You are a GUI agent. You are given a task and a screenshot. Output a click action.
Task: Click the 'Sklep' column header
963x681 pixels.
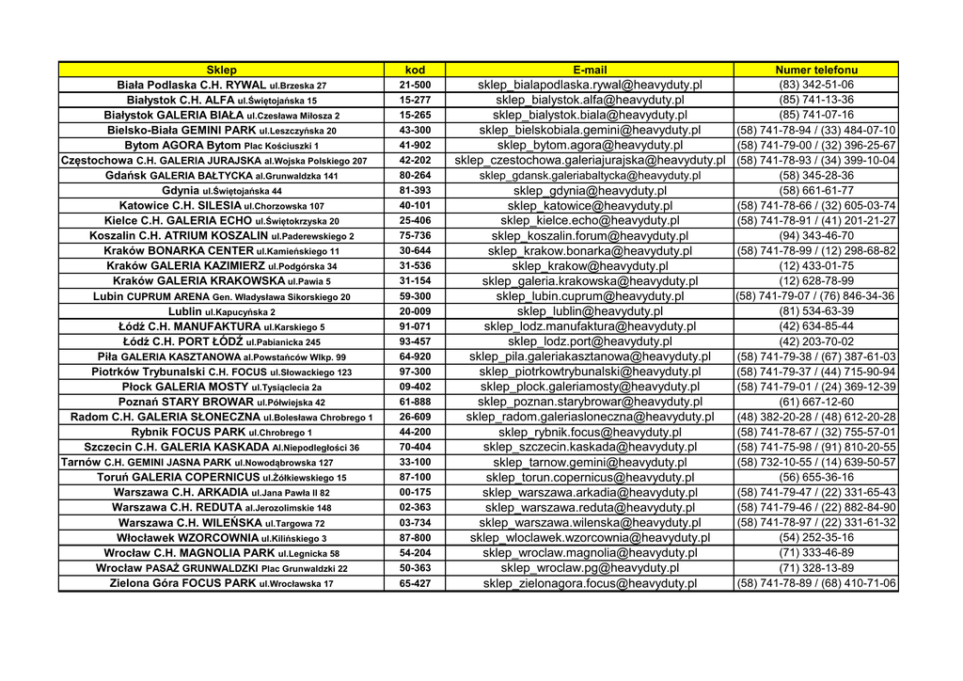[221, 70]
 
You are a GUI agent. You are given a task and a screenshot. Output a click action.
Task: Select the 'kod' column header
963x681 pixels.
[415, 70]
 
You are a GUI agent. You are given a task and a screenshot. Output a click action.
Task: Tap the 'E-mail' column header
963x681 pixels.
[590, 70]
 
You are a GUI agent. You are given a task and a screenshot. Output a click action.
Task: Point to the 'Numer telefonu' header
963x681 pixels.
[816, 70]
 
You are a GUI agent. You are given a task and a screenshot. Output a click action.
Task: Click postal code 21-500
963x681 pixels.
[415, 85]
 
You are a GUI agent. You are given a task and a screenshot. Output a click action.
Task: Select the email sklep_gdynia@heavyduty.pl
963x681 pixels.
[590, 190]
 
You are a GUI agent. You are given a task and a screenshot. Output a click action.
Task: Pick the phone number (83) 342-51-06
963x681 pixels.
[816, 85]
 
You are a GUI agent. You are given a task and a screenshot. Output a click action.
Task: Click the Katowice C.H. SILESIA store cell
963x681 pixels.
[221, 205]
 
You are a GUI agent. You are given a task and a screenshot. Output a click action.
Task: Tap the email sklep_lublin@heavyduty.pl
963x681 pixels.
[590, 311]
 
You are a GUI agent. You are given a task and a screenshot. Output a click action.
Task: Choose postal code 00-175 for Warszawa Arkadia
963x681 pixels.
[415, 492]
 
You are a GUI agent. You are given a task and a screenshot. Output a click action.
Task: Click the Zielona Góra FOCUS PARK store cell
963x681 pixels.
[221, 583]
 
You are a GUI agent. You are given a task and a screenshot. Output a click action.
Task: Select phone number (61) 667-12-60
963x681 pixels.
[816, 402]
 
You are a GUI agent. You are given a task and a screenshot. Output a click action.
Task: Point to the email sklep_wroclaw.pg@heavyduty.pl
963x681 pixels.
[590, 568]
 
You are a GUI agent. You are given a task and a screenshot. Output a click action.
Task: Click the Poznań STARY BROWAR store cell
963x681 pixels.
[221, 402]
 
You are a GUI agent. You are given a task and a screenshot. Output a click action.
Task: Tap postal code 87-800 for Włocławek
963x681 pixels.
[415, 538]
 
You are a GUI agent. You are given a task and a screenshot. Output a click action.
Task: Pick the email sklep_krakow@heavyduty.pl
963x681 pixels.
[590, 266]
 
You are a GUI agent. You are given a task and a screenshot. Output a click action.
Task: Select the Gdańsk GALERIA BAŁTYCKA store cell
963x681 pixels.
[221, 175]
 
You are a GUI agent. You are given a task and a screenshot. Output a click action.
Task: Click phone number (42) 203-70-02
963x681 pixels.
[816, 341]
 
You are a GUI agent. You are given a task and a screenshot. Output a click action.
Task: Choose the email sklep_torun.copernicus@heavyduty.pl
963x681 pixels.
[590, 477]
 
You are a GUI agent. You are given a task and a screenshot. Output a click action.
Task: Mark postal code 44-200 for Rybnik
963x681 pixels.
[415, 432]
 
